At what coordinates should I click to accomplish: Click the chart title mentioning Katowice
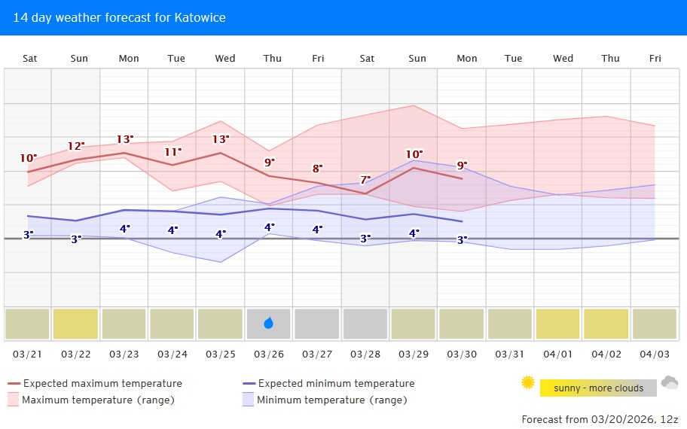coord(119,17)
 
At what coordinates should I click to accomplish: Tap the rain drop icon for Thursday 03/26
coord(269,324)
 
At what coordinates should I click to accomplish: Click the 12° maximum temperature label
coord(76,146)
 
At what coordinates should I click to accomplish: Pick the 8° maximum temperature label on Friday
coord(317,169)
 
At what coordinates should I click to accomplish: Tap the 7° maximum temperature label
coord(365,180)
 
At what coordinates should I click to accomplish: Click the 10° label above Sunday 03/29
coord(414,154)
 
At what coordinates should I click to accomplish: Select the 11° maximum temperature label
coord(173,151)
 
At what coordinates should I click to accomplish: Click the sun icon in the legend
coord(527,383)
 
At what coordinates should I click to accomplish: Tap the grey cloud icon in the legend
coord(669,383)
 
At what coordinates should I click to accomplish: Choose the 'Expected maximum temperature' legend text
coord(102,383)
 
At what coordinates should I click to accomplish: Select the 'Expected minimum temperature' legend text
coord(336,383)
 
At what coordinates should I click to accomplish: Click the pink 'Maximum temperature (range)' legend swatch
coord(13,400)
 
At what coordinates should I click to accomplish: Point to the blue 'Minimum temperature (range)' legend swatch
coord(248,400)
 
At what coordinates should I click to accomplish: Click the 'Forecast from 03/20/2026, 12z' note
coord(600,419)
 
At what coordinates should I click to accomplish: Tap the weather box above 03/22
coord(75,324)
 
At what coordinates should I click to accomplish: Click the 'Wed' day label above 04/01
coord(563,58)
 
